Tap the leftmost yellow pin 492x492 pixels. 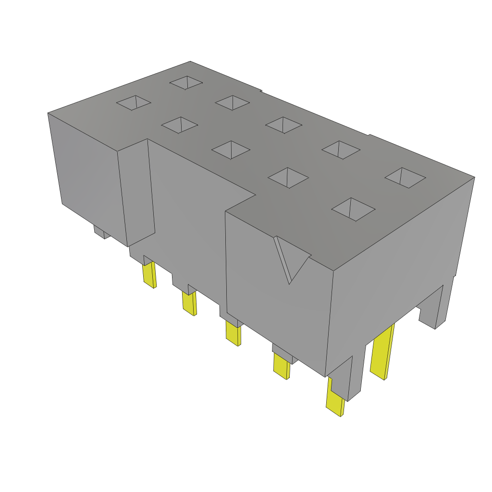pyautogui.click(x=149, y=275)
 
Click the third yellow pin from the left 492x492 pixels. pyautogui.click(x=233, y=333)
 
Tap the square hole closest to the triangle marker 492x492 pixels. pyautogui.click(x=353, y=209)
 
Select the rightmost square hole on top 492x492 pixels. pyautogui.click(x=405, y=177)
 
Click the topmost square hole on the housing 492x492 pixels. pyautogui.click(x=186, y=82)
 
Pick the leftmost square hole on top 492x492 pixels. pyautogui.click(x=134, y=102)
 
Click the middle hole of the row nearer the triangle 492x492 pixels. pyautogui.click(x=231, y=149)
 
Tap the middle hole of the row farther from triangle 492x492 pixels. pyautogui.click(x=283, y=125)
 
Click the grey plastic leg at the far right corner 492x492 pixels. pyautogui.click(x=437, y=307)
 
